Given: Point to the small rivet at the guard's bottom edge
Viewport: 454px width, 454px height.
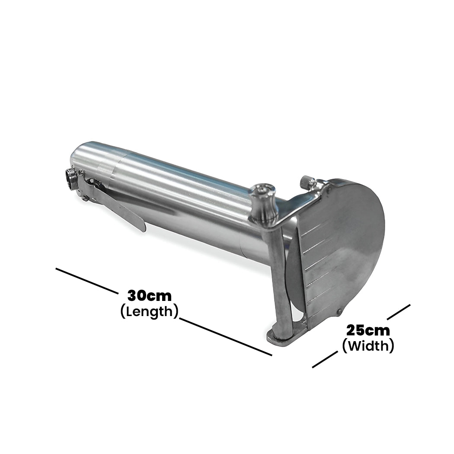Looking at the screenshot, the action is pyautogui.click(x=339, y=312).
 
